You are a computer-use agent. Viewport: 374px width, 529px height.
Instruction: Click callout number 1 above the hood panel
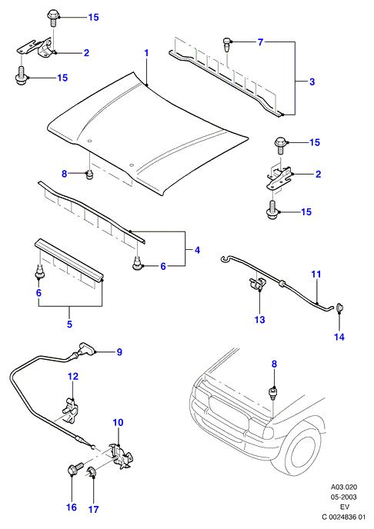point(146,53)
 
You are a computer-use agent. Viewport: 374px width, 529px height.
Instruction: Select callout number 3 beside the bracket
point(312,82)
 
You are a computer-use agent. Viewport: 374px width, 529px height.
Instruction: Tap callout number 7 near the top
point(260,42)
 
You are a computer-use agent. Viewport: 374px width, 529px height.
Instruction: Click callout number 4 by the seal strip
point(197,250)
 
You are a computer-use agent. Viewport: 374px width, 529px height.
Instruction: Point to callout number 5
point(69,324)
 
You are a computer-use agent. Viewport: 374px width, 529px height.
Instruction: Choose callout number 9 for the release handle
point(119,352)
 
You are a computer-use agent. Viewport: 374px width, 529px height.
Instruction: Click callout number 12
point(73,376)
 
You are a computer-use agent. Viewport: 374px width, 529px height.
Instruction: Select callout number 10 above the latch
point(118,422)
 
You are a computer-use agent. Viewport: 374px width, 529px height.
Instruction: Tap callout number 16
point(72,507)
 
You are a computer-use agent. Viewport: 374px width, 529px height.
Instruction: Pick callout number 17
point(94,509)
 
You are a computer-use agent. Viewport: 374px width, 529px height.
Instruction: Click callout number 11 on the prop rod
point(316,274)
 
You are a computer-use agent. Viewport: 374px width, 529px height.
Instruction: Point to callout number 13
point(259,320)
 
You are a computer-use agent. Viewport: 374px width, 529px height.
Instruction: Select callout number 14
point(339,337)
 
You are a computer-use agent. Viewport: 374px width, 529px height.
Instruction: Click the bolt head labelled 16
point(73,470)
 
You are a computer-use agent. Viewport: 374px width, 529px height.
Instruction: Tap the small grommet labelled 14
point(339,308)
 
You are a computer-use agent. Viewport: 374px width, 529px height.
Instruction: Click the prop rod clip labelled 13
point(256,284)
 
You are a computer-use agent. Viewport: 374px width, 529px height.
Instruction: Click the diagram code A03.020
point(344,487)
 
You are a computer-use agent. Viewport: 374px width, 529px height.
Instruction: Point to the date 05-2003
point(344,497)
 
